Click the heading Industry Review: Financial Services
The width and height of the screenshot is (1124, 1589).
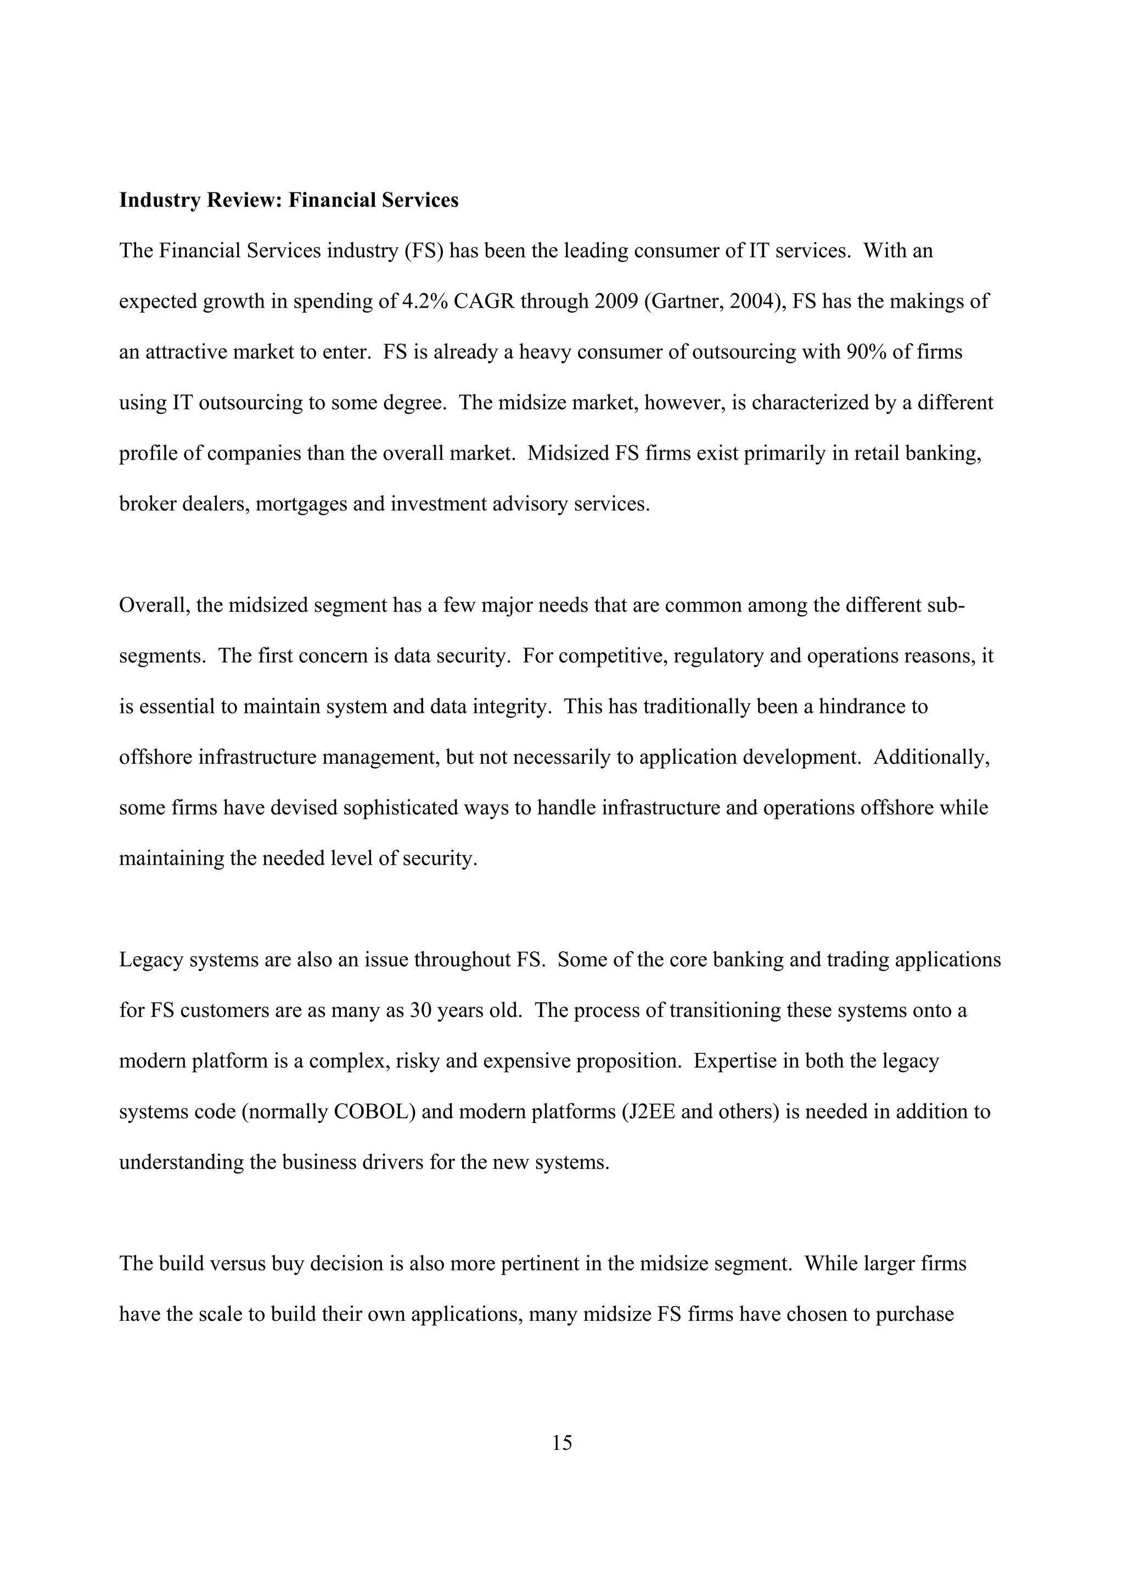[x=289, y=200]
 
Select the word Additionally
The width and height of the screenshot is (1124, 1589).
[x=931, y=757]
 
